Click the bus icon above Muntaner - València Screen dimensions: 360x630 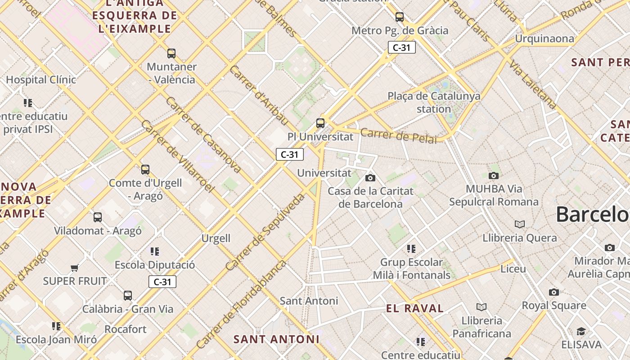pyautogui.click(x=171, y=54)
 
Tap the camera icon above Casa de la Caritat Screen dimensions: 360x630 pyautogui.click(x=370, y=178)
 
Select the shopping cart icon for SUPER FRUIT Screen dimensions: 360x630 pyautogui.click(x=75, y=268)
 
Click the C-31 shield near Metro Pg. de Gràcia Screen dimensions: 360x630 pyautogui.click(x=401, y=47)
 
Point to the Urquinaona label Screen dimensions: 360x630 pyautogui.click(x=544, y=39)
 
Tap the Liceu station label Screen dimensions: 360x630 pyautogui.click(x=513, y=269)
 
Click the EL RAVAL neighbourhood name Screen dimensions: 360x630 pyautogui.click(x=415, y=308)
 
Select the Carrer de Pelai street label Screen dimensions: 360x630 pyautogui.click(x=398, y=135)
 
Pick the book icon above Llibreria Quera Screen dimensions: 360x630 pyautogui.click(x=520, y=224)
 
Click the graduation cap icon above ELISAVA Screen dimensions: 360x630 pyautogui.click(x=581, y=332)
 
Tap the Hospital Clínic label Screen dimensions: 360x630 pyautogui.click(x=41, y=80)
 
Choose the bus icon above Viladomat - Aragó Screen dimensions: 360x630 pyautogui.click(x=98, y=217)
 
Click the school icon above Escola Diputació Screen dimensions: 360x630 pyautogui.click(x=155, y=251)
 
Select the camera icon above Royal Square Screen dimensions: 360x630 pyautogui.click(x=554, y=292)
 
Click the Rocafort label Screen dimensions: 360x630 pyautogui.click(x=126, y=329)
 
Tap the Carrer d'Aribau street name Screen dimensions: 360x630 pyautogui.click(x=259, y=95)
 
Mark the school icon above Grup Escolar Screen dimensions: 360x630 pyautogui.click(x=411, y=248)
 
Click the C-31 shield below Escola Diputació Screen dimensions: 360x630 pyautogui.click(x=162, y=282)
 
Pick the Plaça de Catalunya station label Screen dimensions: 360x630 pyautogui.click(x=434, y=102)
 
